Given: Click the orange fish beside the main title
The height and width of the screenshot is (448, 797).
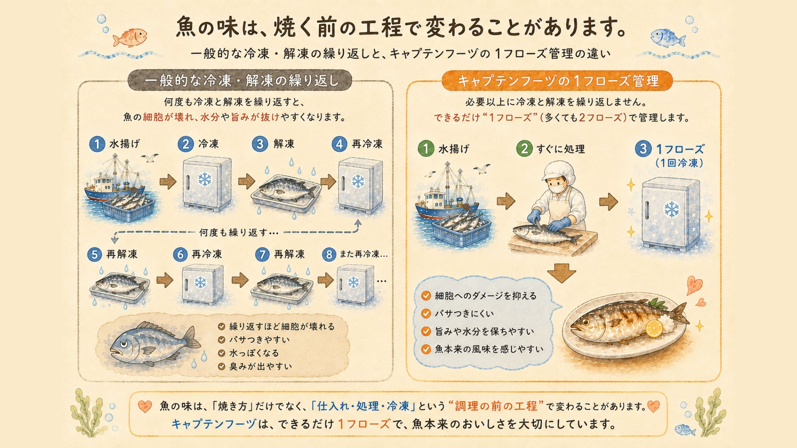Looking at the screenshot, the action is pyautogui.click(x=130, y=37).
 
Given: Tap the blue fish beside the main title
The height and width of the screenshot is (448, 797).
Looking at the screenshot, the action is pyautogui.click(x=667, y=37).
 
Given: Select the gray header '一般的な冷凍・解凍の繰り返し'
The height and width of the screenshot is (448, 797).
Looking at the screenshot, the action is pyautogui.click(x=240, y=80).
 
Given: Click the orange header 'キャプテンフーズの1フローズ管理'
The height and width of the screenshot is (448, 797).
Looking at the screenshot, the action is pyautogui.click(x=557, y=80).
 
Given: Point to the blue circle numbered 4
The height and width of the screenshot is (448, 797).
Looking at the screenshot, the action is pyautogui.click(x=340, y=144).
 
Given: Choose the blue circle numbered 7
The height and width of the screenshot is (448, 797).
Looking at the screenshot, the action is pyautogui.click(x=262, y=254).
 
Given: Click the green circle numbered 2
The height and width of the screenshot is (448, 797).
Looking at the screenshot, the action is pyautogui.click(x=524, y=149).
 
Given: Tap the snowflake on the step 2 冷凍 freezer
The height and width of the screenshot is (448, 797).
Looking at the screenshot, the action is pyautogui.click(x=204, y=179).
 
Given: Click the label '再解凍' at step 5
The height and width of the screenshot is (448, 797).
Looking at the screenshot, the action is pyautogui.click(x=122, y=254).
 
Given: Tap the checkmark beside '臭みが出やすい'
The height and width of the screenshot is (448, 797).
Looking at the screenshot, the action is pyautogui.click(x=221, y=367).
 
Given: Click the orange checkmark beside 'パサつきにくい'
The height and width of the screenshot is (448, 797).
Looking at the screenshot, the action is pyautogui.click(x=426, y=314).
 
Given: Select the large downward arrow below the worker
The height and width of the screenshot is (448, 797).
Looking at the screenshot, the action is pyautogui.click(x=561, y=273).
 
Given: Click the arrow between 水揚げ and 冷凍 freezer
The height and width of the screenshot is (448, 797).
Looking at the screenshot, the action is pyautogui.click(x=168, y=182).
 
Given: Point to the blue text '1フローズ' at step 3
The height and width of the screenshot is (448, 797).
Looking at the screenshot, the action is pyautogui.click(x=680, y=149).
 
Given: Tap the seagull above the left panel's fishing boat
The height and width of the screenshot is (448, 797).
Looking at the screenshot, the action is pyautogui.click(x=150, y=158).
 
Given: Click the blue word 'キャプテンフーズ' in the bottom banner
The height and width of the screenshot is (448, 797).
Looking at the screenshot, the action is pyautogui.click(x=214, y=424).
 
